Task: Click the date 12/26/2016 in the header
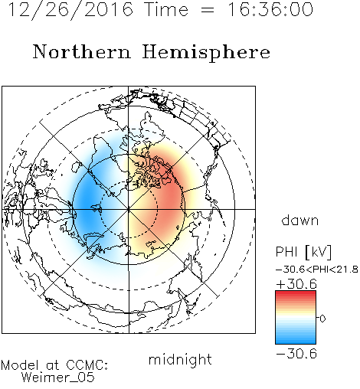(70, 10)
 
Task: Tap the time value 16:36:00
(270, 9)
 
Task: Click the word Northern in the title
(81, 51)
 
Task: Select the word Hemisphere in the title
(206, 53)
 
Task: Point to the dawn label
(300, 221)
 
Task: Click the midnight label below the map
(180, 359)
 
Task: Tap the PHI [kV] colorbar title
(303, 252)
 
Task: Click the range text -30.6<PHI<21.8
(317, 270)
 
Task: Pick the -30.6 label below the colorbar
(296, 354)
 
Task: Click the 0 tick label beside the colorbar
(322, 319)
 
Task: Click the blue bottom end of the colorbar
(296, 342)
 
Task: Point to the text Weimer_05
(58, 378)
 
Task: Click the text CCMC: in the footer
(87, 365)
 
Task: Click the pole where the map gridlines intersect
(129, 209)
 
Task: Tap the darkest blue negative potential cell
(86, 204)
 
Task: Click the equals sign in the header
(208, 10)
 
